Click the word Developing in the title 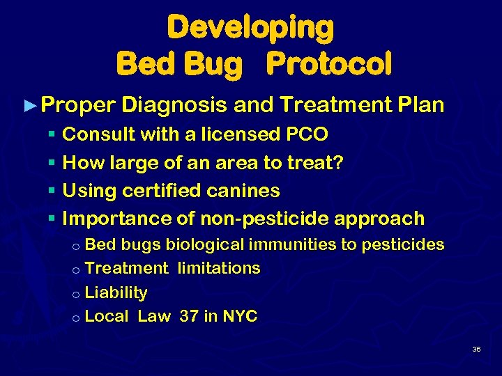coord(250,28)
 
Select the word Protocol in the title coord(329,64)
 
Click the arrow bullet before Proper coord(29,106)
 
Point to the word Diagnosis coord(174,105)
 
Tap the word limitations coord(219,268)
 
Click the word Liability coord(116,292)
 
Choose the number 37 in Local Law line coord(188,316)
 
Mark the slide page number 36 coord(476,349)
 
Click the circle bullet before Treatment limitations coord(77,269)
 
